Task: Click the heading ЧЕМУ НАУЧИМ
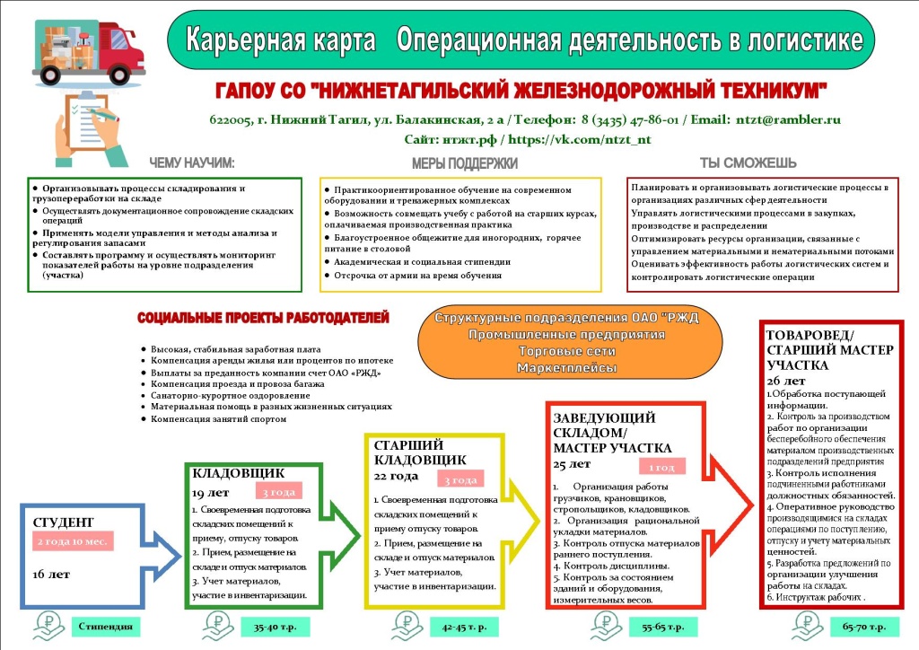click(x=192, y=162)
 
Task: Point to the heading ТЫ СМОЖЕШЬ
click(x=748, y=162)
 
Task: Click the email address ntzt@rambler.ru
click(x=788, y=119)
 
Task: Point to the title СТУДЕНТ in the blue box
click(x=64, y=523)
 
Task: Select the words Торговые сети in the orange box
click(x=565, y=351)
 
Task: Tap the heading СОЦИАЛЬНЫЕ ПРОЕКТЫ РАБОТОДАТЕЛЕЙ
click(x=263, y=319)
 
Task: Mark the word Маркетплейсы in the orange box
click(x=565, y=368)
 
